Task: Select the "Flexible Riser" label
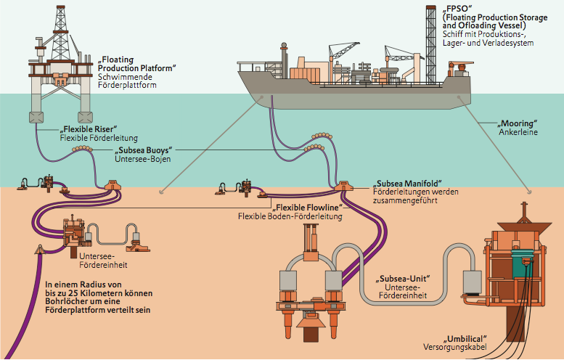(x=88, y=128)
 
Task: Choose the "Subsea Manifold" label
(x=406, y=181)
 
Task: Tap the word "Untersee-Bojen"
(x=143, y=160)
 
